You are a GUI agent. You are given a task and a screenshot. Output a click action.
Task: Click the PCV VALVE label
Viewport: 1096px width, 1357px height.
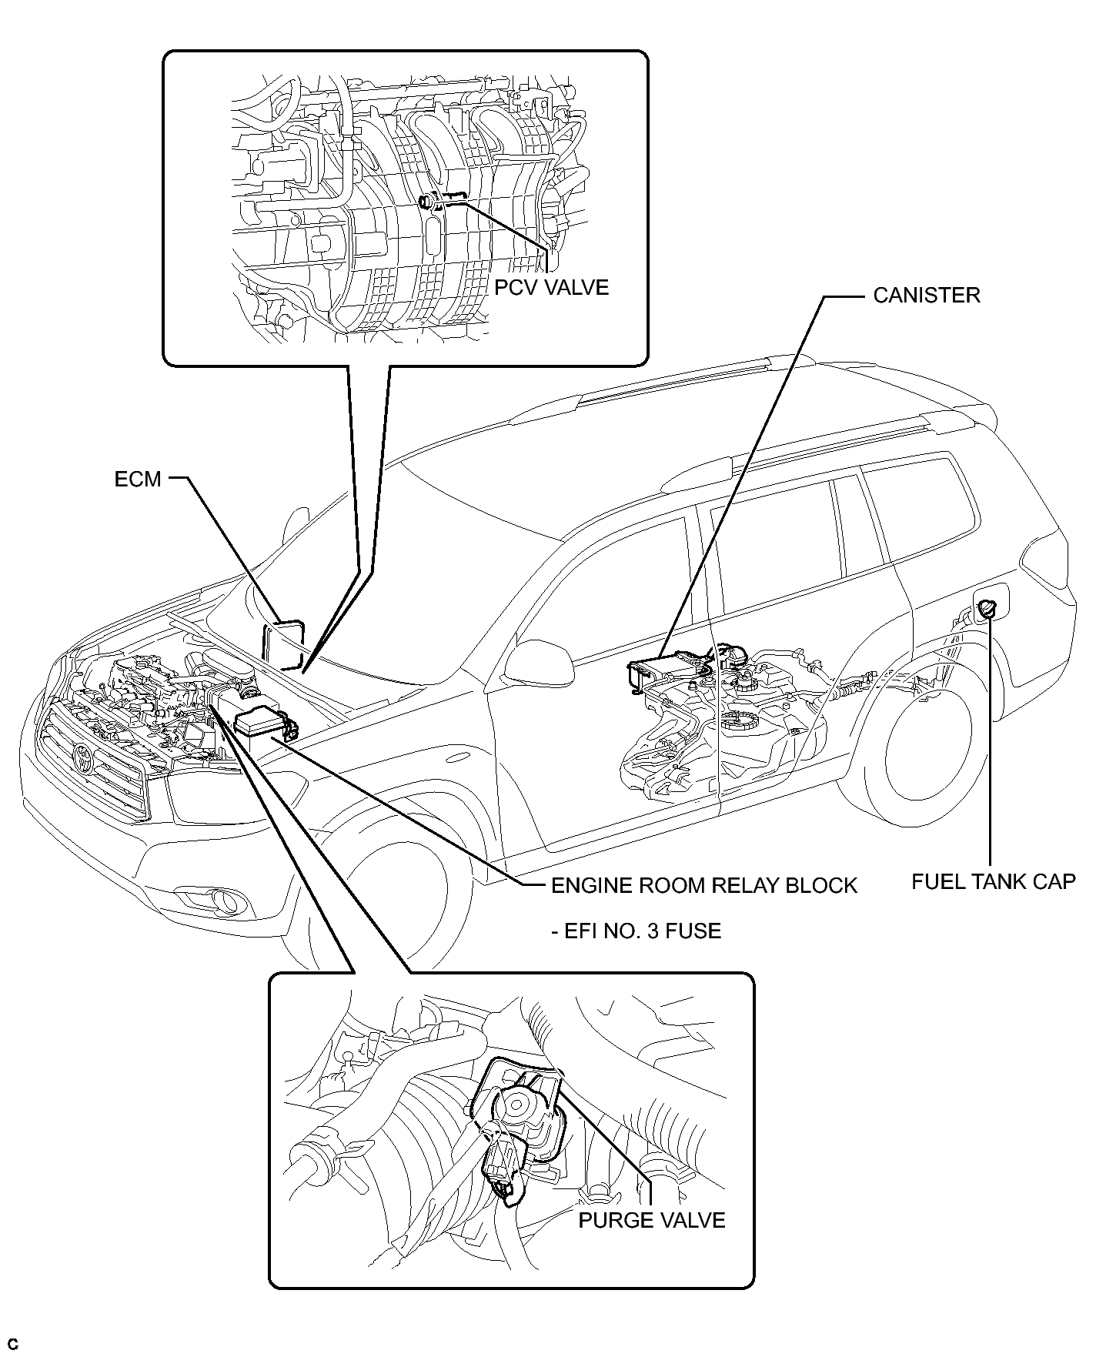point(551,287)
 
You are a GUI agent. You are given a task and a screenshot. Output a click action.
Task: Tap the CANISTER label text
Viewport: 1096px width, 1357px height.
point(927,296)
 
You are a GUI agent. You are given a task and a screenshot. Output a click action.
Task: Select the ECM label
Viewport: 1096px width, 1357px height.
point(138,479)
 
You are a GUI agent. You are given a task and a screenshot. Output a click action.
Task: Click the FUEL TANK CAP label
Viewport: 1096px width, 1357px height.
point(993,881)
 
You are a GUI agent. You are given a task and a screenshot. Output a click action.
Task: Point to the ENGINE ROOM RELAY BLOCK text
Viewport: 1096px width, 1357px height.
point(704,885)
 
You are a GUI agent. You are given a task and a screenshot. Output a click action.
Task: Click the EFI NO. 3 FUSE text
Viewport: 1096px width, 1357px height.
point(637,931)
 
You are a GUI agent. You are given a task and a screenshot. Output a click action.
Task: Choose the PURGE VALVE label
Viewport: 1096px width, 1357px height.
point(652,1220)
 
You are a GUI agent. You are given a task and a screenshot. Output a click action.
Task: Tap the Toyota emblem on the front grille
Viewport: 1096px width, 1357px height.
point(82,758)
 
